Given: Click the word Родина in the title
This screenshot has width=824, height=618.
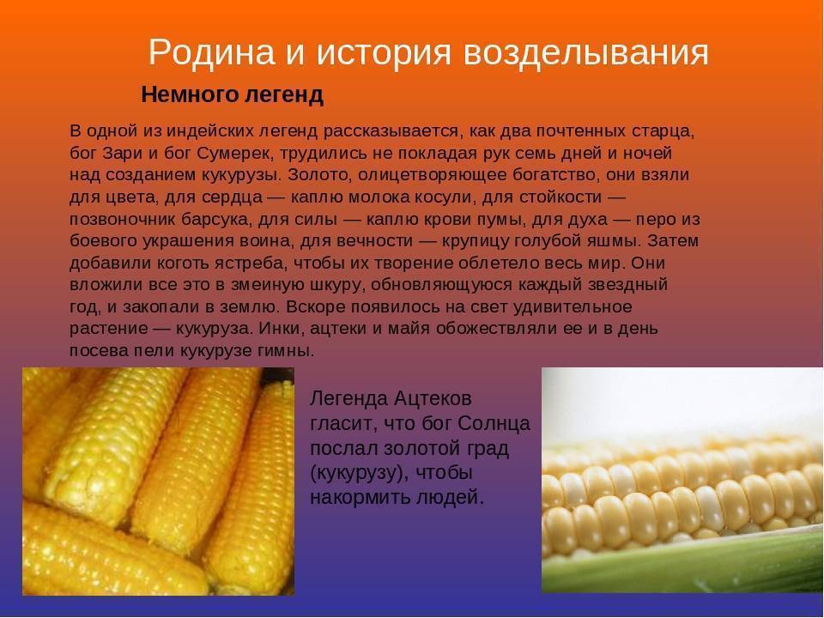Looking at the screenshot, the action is click(x=212, y=52).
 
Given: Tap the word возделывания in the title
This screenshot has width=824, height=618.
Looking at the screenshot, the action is click(x=586, y=52).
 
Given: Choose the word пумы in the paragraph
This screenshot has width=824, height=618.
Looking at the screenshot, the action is click(x=503, y=219).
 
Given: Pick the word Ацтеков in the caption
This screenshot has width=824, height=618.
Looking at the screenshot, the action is click(x=433, y=399).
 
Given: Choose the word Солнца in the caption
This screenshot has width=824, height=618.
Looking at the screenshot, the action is click(x=494, y=423).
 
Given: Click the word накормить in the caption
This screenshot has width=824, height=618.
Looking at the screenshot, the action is click(x=360, y=497).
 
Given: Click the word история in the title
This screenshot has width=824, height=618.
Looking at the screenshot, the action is click(x=384, y=52).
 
